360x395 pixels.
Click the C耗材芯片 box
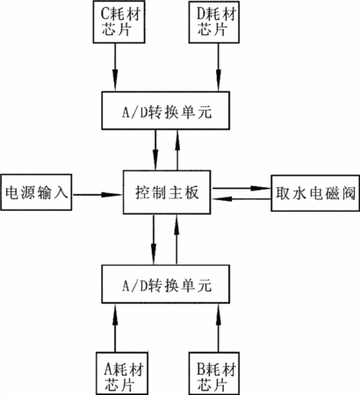(x=119, y=22)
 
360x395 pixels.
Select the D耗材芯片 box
(x=214, y=22)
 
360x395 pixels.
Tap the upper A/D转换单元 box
(x=166, y=111)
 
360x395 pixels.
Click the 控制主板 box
(x=167, y=192)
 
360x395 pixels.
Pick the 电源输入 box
(x=36, y=192)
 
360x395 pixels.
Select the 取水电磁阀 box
(x=315, y=193)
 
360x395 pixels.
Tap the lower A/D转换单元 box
(x=166, y=284)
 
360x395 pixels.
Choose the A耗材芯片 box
(x=122, y=373)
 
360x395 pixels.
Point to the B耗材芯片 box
(x=214, y=373)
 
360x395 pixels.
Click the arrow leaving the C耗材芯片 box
(x=115, y=68)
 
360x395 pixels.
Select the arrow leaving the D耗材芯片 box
(x=219, y=68)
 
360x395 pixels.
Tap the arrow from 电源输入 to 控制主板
(x=97, y=194)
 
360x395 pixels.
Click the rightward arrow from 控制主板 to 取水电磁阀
(x=241, y=188)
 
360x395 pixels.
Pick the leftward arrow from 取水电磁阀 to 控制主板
(x=241, y=199)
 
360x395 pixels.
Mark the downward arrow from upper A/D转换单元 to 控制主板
(x=155, y=150)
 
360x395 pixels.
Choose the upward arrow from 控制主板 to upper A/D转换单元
(x=177, y=150)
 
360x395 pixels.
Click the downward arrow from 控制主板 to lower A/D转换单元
(x=154, y=240)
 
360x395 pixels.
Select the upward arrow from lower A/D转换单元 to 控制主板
(x=176, y=240)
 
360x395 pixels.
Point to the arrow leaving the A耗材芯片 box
(x=115, y=327)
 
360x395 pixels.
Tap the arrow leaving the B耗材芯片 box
(x=219, y=327)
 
